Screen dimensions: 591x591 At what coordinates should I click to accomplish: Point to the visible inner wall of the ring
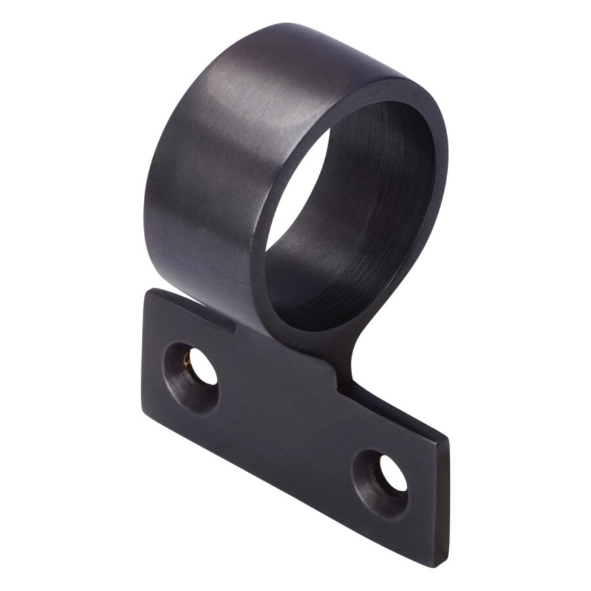pos(381,197)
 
